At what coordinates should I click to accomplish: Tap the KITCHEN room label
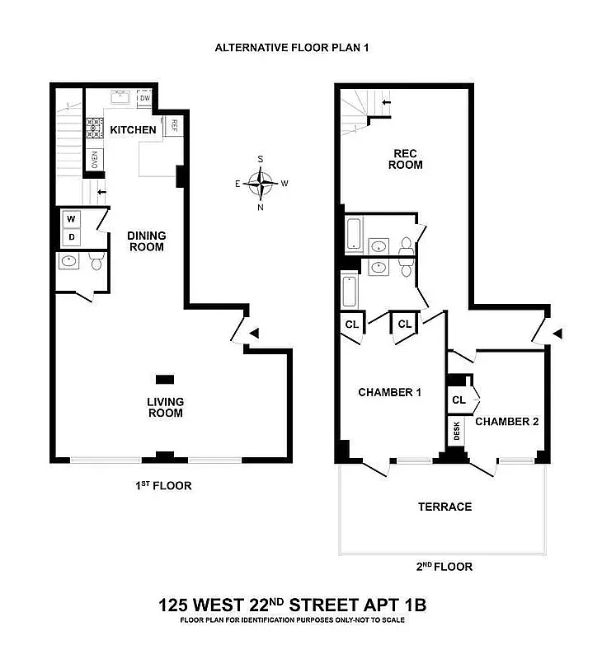click(133, 130)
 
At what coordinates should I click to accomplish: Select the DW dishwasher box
click(144, 99)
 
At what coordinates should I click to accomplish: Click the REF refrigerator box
click(174, 126)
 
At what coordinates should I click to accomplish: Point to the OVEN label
click(95, 159)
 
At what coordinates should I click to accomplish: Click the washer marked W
click(71, 219)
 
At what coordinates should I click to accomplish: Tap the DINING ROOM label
click(146, 241)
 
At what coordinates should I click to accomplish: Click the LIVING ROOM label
click(165, 407)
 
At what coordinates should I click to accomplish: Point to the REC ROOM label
click(407, 159)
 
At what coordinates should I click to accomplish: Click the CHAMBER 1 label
click(389, 393)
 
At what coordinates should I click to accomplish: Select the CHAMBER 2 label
click(506, 421)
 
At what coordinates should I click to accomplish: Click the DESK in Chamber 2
click(456, 431)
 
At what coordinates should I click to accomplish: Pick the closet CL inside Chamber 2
click(459, 400)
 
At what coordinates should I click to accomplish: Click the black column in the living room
click(165, 379)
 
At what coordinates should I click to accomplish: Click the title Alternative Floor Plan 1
click(291, 47)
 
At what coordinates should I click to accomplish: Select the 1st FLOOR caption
click(163, 486)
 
